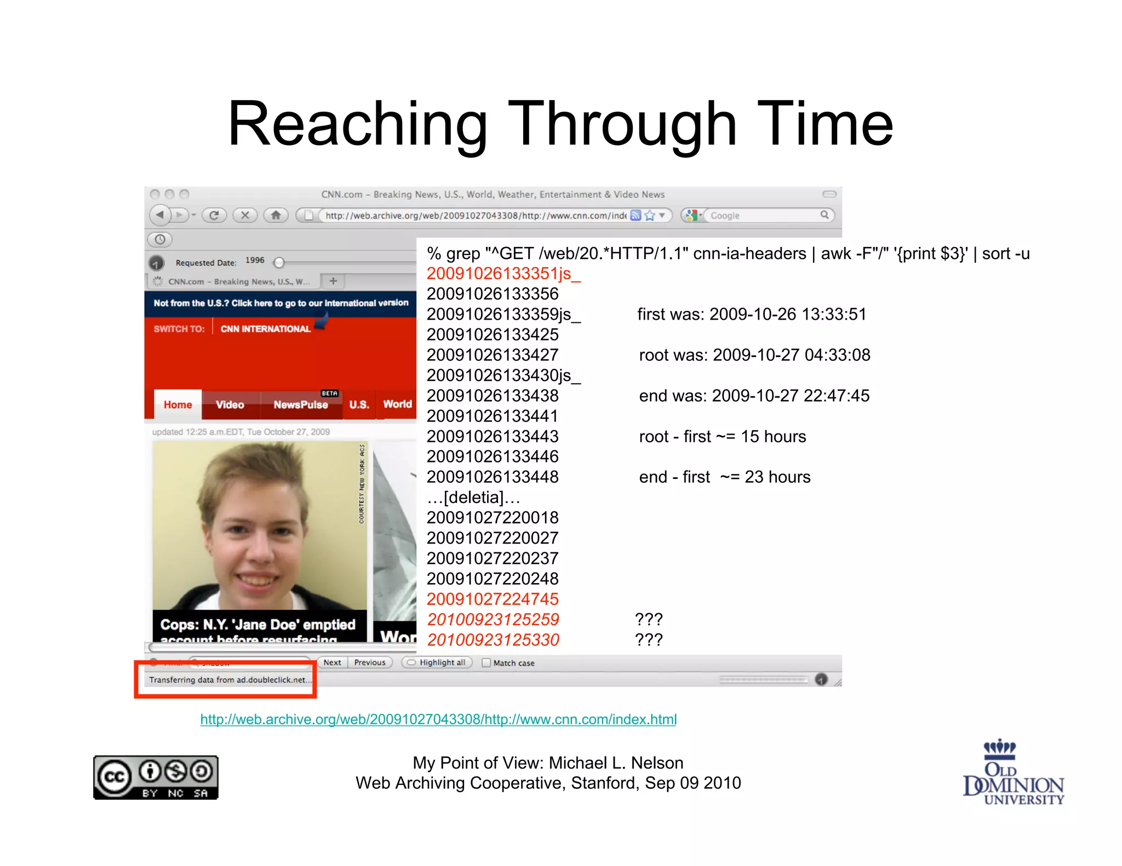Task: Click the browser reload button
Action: (x=214, y=215)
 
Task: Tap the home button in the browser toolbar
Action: (x=276, y=215)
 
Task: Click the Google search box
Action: (x=764, y=216)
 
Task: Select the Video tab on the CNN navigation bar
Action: (x=230, y=405)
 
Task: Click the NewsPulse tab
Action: (x=301, y=405)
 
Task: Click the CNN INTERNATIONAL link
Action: (x=265, y=329)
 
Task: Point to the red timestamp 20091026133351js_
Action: (x=503, y=274)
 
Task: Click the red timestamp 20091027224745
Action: (x=493, y=599)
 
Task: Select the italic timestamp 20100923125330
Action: (x=493, y=639)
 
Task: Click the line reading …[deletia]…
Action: (x=473, y=498)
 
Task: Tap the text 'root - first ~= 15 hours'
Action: (x=722, y=436)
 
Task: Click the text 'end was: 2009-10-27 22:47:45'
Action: (x=754, y=396)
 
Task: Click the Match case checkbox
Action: (x=486, y=663)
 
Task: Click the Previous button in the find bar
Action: (x=370, y=662)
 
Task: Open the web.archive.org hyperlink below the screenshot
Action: (x=438, y=719)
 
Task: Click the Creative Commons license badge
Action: (x=156, y=777)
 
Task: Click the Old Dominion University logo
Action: (x=1013, y=772)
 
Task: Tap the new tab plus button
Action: (x=333, y=281)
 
